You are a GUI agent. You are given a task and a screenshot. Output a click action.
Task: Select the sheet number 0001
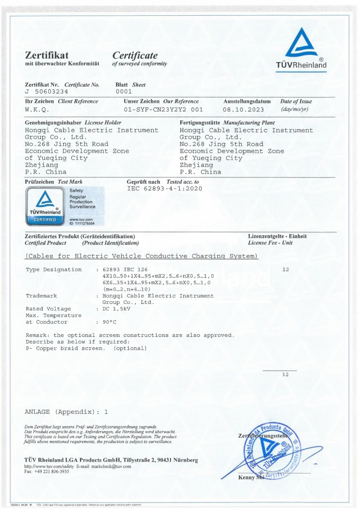click(124, 92)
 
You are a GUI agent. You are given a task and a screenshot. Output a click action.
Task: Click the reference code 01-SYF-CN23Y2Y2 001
click(163, 109)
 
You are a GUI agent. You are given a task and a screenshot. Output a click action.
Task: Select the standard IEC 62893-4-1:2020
click(164, 188)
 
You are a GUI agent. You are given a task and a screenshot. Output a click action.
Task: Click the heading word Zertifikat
click(47, 55)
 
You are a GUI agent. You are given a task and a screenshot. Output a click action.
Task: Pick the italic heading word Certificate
click(135, 55)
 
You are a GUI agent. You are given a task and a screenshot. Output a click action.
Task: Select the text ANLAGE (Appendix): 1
click(67, 411)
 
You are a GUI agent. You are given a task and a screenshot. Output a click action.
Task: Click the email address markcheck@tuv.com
click(111, 466)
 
